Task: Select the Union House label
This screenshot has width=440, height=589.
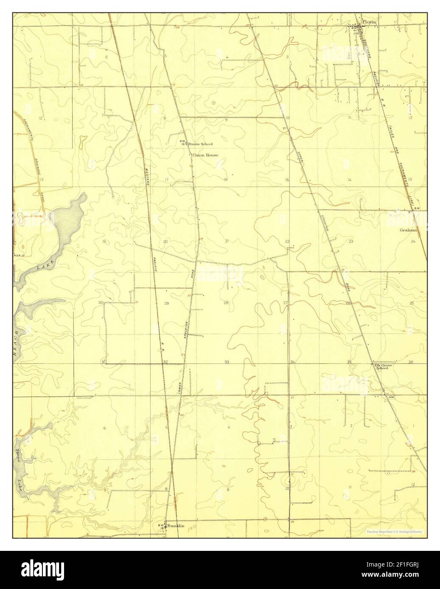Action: tap(205, 155)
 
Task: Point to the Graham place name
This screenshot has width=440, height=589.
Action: tap(408, 230)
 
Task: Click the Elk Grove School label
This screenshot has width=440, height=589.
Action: tap(381, 367)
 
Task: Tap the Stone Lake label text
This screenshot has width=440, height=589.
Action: tap(20, 472)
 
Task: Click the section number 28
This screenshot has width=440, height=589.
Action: tap(226, 303)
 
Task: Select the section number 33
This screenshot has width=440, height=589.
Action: tap(227, 362)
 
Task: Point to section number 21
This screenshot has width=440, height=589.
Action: tap(227, 241)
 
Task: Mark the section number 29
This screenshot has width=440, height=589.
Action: tap(166, 303)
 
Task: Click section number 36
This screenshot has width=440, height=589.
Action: tap(410, 362)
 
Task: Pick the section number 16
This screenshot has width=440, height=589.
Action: tap(226, 180)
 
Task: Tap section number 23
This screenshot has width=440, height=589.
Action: tap(351, 241)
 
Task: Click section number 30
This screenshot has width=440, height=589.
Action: tap(101, 303)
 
